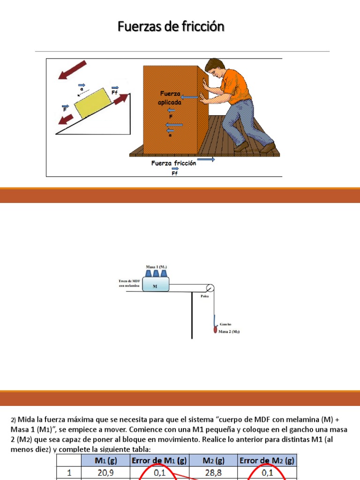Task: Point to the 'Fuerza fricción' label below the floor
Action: [173, 163]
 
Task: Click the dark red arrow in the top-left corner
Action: [73, 70]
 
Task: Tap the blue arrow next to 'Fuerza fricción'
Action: [209, 159]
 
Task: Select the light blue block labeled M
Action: [155, 286]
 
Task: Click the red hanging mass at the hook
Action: [216, 330]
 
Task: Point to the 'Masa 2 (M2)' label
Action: [230, 331]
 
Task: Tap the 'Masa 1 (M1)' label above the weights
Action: [156, 267]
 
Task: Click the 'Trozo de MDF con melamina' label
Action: [130, 283]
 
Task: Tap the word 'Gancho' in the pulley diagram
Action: [225, 324]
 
